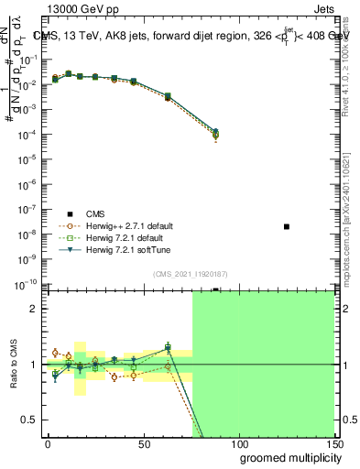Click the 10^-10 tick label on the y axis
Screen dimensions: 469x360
click(x=27, y=284)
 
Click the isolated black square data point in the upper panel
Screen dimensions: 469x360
click(x=287, y=226)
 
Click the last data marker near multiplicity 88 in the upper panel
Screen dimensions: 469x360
click(x=215, y=134)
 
